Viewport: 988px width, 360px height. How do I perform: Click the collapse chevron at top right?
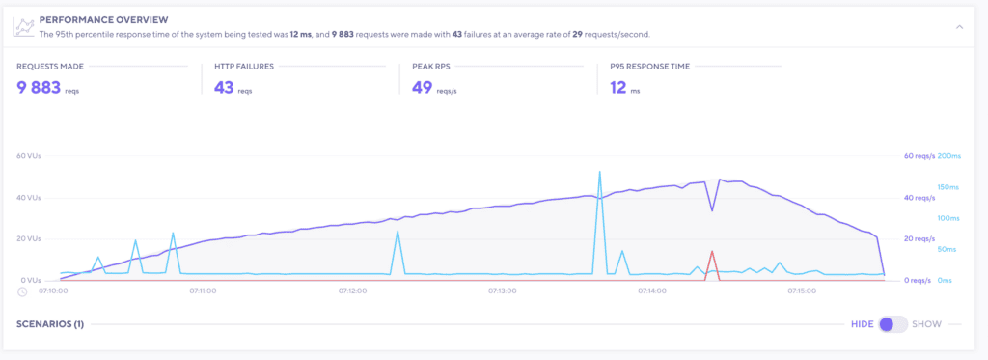point(959,27)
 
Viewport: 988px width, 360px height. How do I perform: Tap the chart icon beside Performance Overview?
point(23,26)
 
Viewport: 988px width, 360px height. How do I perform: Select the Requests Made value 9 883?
point(39,88)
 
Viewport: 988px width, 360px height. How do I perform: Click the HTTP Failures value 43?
point(223,88)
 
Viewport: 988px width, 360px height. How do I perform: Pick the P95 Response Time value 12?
point(618,88)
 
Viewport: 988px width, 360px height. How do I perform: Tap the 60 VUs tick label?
point(29,156)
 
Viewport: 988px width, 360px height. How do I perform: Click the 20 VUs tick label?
point(29,238)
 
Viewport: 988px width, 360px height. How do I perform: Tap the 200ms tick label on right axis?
point(950,156)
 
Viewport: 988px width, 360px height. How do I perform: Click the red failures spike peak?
point(712,251)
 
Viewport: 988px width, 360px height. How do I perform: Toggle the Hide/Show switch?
point(892,324)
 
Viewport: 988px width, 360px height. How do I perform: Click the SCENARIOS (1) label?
point(50,324)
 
